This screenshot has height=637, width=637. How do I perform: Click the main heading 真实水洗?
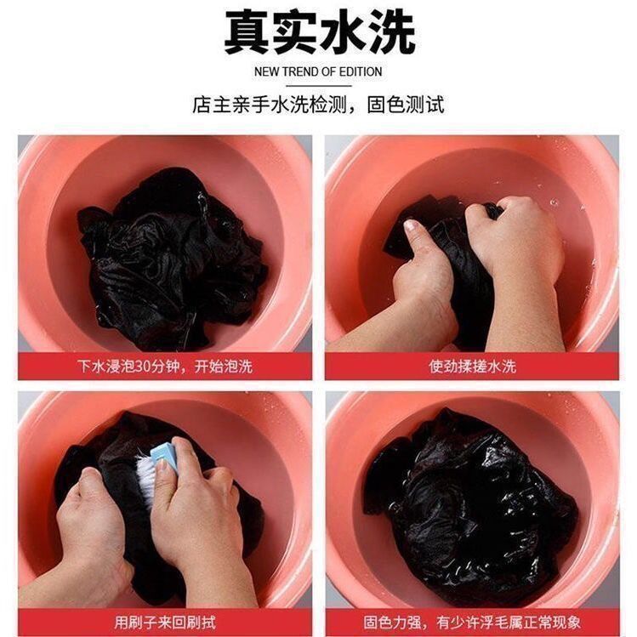coord(319,34)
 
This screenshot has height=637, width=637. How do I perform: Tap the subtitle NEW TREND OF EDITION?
coord(318,71)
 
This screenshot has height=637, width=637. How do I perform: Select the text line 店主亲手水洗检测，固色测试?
coord(318,105)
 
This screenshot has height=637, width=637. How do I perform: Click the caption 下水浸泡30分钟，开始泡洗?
coord(164,367)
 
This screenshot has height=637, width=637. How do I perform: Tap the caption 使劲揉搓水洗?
coord(472,367)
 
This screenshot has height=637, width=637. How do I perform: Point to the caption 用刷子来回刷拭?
coord(164,623)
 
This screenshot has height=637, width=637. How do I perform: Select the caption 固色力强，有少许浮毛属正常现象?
coord(472,623)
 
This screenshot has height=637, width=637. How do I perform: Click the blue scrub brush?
coord(165,458)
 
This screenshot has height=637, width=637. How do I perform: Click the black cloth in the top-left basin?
coord(170,255)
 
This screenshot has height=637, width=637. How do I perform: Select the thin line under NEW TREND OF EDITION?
coord(318,85)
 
